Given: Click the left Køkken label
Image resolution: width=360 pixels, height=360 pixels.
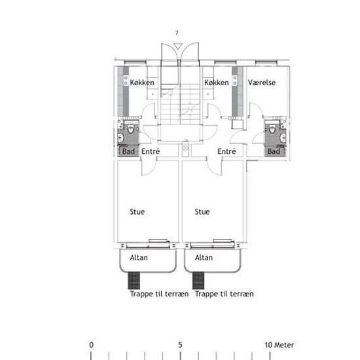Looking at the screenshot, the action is (142, 82).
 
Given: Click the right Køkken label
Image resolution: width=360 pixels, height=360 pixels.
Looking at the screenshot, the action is (216, 82).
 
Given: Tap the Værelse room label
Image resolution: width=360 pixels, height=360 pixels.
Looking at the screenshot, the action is (262, 82).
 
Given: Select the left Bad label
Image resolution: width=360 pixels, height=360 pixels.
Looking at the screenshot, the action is (128, 151).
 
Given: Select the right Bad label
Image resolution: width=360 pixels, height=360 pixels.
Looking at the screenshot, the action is (274, 151).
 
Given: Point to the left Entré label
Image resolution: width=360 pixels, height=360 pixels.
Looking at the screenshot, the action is (151, 151).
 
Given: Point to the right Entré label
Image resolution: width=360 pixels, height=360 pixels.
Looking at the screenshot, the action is (226, 151).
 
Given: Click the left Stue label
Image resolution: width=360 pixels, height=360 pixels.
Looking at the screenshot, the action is (137, 211).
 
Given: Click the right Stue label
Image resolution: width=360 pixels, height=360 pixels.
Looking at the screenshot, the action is (202, 211).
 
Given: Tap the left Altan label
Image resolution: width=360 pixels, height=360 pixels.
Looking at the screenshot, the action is (139, 258).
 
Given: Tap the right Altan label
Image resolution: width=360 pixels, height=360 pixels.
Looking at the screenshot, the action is (204, 258).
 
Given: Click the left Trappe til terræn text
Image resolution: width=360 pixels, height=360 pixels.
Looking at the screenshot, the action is (159, 294).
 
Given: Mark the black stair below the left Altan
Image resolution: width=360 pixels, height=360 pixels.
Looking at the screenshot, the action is (134, 280).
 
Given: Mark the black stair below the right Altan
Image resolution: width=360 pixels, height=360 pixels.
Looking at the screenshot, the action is (198, 280).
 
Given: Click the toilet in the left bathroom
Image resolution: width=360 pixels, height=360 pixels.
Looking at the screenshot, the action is (130, 129).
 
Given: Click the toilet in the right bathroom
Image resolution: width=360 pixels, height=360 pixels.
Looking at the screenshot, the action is (272, 129).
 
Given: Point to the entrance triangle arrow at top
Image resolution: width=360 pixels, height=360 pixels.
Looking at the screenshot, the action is (177, 46).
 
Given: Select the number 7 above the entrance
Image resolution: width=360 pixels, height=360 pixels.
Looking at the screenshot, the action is (177, 33).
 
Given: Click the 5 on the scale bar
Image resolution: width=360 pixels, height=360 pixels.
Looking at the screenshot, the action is (180, 345).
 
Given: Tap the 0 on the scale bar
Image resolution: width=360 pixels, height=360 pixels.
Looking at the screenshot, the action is (92, 345).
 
